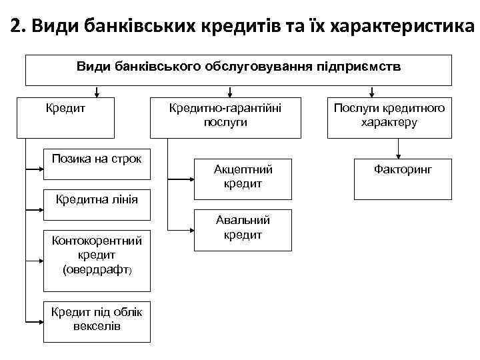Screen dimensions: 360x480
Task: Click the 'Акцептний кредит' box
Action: [243, 179]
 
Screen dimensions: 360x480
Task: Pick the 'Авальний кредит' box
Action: [243, 231]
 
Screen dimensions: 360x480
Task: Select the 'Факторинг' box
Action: [403, 179]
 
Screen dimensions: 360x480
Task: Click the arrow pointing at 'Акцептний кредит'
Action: [183, 179]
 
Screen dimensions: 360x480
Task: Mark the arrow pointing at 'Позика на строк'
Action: [35, 171]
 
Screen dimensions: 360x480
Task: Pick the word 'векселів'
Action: [97, 327]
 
